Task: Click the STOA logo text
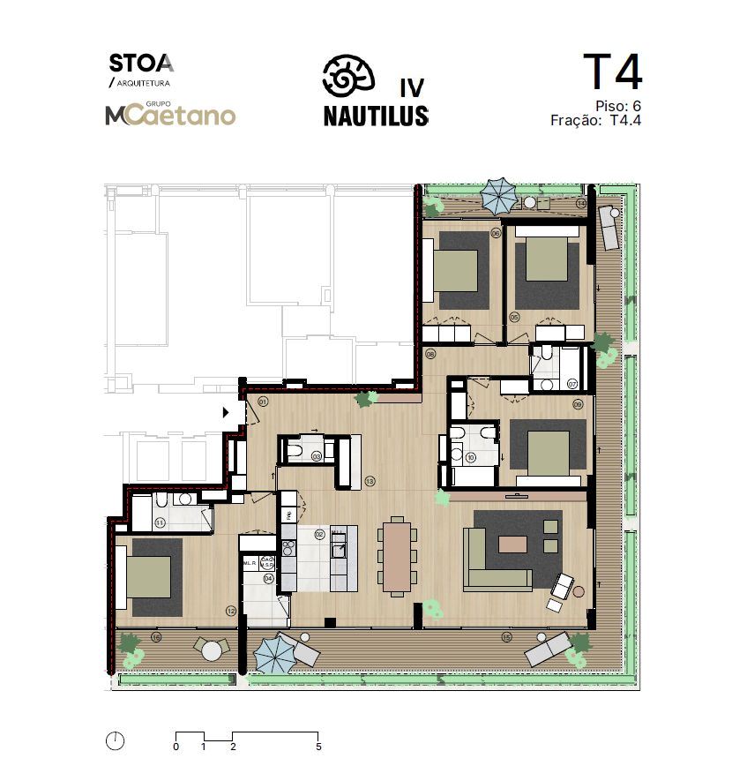pos(141,64)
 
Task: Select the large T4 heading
pos(612,74)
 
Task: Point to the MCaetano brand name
pos(170,116)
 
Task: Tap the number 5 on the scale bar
pos(318,747)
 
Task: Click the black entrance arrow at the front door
pos(226,411)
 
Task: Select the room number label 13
pos(370,481)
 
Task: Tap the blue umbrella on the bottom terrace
pos(273,655)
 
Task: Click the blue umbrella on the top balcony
pos(498,193)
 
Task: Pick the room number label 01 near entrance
pos(263,402)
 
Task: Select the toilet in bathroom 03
pos(295,454)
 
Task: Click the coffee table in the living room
pos(512,544)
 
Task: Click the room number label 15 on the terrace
pos(506,636)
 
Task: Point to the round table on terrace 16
pos(212,650)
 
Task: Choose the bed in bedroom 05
pos(546,260)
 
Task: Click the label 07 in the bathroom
pos(572,384)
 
